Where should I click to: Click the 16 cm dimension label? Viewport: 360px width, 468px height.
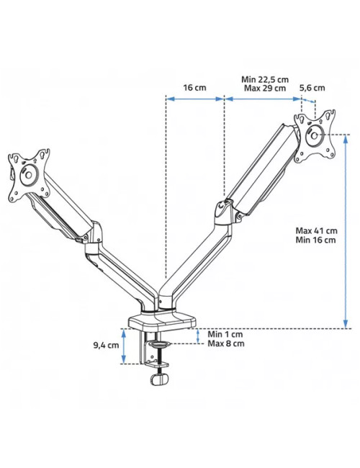(194, 87)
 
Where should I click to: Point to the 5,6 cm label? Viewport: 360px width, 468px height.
(312, 87)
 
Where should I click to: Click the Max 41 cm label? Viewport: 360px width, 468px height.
(316, 230)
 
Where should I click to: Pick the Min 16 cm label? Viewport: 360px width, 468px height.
(316, 240)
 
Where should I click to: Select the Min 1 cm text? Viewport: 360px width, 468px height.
(225, 334)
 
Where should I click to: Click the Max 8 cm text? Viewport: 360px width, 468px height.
(226, 343)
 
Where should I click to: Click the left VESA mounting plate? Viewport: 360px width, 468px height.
(30, 174)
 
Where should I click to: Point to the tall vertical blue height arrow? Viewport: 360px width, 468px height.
(346, 230)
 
